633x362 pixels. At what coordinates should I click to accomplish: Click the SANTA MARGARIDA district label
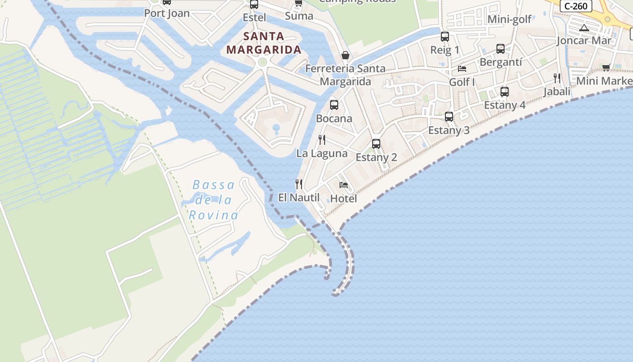(x=264, y=43)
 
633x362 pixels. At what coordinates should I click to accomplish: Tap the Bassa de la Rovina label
(x=213, y=200)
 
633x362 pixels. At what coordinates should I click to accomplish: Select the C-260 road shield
(x=576, y=6)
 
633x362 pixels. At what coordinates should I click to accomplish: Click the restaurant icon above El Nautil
(x=299, y=184)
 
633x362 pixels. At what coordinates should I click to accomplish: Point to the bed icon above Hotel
(x=344, y=185)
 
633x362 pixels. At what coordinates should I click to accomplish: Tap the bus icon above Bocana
(x=334, y=105)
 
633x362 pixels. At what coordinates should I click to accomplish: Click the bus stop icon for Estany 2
(x=376, y=144)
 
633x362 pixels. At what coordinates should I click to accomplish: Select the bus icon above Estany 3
(x=449, y=117)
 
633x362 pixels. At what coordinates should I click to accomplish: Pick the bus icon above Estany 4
(x=505, y=92)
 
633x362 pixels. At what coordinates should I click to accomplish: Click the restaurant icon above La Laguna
(x=322, y=139)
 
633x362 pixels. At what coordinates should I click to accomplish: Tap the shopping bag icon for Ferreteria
(x=345, y=55)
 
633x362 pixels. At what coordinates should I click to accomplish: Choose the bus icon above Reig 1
(x=445, y=37)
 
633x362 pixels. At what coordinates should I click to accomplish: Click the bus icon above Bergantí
(x=501, y=49)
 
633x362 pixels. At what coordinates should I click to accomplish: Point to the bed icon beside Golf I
(x=462, y=69)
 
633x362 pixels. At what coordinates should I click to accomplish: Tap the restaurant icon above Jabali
(x=557, y=78)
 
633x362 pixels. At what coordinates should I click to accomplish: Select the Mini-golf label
(x=510, y=19)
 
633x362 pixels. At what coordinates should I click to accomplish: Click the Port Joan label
(x=167, y=14)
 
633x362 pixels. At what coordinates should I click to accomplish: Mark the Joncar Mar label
(x=584, y=40)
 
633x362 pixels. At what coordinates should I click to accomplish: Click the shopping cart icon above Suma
(x=298, y=3)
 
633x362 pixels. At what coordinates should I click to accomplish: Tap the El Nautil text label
(x=299, y=198)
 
